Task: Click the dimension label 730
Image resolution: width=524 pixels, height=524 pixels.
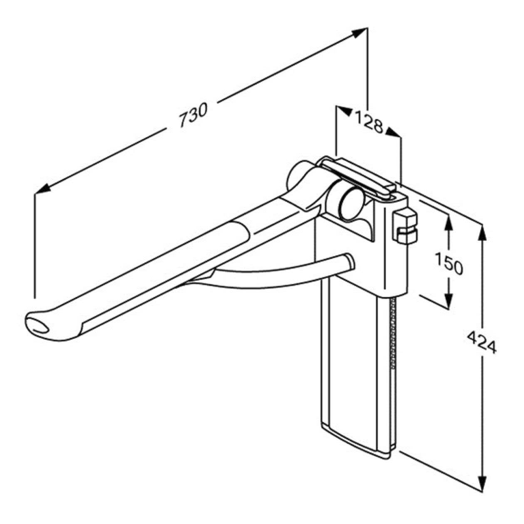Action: point(194,115)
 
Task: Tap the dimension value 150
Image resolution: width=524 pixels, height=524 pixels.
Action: point(449,263)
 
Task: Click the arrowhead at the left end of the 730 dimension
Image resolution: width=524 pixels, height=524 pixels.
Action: point(43,189)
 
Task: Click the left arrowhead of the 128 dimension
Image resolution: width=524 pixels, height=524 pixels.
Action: point(344,111)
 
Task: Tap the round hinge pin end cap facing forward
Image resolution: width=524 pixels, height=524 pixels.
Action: point(352,204)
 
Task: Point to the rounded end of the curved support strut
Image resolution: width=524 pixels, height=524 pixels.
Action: point(349,262)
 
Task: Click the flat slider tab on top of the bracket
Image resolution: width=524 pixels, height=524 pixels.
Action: point(358,177)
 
